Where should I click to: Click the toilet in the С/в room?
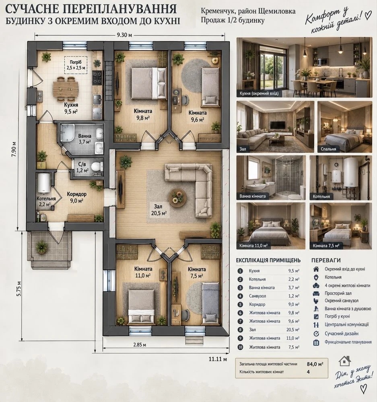click(96, 166)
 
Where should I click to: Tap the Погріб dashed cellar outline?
click(76, 57)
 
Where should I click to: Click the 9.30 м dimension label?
click(124, 35)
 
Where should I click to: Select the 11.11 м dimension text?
click(218, 359)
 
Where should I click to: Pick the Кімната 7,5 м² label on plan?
click(197, 272)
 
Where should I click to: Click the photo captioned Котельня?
click(341, 178)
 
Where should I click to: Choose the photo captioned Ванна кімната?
click(271, 178)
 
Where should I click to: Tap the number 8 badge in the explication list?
click(240, 330)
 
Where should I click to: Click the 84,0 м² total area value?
click(315, 364)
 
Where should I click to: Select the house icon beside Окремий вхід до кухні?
click(316, 269)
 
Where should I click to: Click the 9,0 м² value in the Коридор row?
click(294, 304)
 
